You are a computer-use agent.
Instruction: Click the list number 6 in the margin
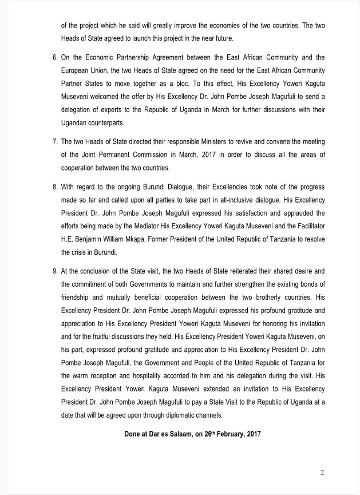[x=54, y=58]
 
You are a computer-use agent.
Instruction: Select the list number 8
[x=54, y=187]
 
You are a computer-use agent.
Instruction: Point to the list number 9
[x=54, y=270]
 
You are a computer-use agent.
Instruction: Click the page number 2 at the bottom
[x=322, y=472]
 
